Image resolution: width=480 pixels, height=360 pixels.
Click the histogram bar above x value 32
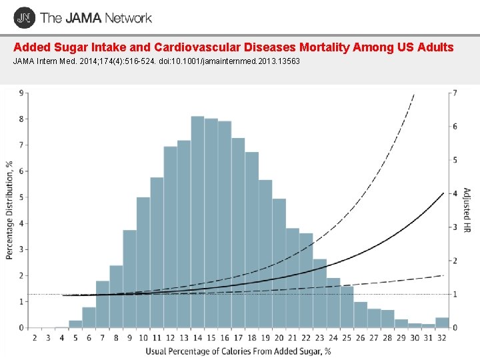[x=442, y=323]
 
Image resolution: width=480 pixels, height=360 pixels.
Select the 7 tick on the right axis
[x=455, y=93]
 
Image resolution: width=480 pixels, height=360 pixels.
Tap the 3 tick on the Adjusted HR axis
[x=455, y=227]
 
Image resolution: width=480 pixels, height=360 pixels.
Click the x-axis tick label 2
[x=35, y=338]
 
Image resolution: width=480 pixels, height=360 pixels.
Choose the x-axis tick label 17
[x=238, y=338]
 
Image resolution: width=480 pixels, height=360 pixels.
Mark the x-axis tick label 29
[x=401, y=338]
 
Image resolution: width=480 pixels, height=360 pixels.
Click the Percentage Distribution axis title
[x=9, y=210]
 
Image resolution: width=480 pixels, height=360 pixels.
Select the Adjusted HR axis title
[x=469, y=210]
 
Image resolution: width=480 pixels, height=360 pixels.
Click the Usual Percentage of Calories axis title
[x=239, y=351]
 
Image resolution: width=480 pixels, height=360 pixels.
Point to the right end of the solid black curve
[x=443, y=193]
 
